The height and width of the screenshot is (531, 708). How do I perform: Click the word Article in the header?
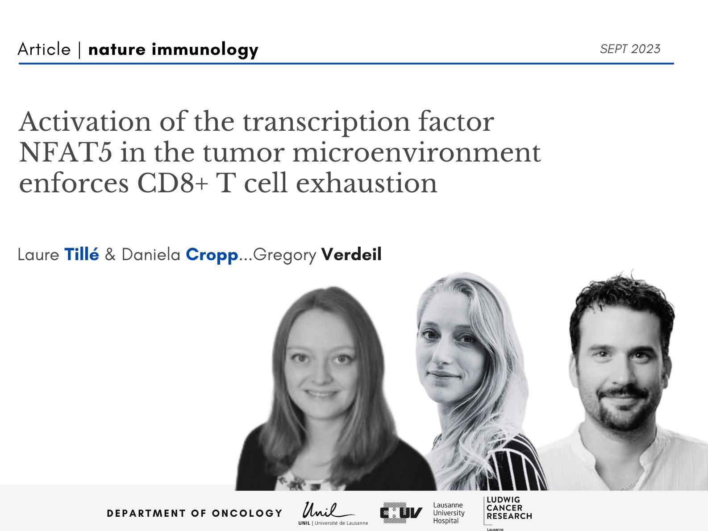(x=44, y=50)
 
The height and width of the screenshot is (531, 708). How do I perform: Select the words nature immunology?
(x=173, y=50)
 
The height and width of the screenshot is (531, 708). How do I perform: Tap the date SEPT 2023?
(x=630, y=49)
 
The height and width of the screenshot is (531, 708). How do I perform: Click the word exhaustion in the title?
(x=366, y=183)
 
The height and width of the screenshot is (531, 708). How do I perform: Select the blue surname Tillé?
(x=82, y=254)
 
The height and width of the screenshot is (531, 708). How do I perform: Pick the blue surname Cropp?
(x=212, y=255)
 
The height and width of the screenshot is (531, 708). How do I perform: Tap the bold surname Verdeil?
(x=352, y=254)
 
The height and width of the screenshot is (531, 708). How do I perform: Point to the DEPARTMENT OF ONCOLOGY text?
(x=195, y=513)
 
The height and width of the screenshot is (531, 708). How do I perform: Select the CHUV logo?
(x=401, y=513)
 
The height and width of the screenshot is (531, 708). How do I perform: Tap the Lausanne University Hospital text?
(x=449, y=513)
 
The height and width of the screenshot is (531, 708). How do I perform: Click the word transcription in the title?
(x=326, y=123)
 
